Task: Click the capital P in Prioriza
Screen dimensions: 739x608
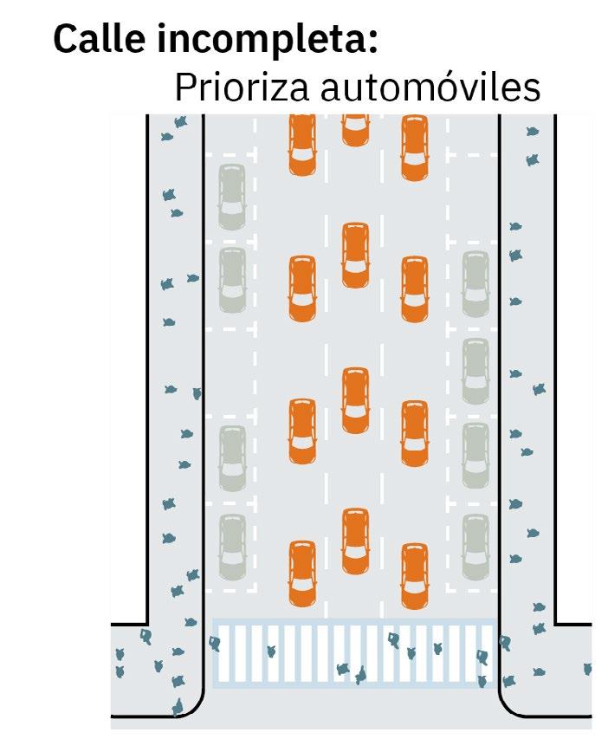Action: [184, 88]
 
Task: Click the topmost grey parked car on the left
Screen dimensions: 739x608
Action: [231, 198]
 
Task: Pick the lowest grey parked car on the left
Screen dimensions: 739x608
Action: [231, 547]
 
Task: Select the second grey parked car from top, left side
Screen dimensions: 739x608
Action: [231, 279]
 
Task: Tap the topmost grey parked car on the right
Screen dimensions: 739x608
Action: [475, 284]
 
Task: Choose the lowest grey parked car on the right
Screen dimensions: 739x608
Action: [475, 547]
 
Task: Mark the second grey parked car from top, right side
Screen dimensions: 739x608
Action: [475, 371]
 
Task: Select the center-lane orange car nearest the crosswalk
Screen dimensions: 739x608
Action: [355, 541]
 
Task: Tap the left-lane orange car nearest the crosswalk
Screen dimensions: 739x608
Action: [302, 573]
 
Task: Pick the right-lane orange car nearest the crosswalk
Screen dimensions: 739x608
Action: [415, 575]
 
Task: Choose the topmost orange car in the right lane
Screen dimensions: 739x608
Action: [415, 147]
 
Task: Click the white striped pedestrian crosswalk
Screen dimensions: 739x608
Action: [354, 654]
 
